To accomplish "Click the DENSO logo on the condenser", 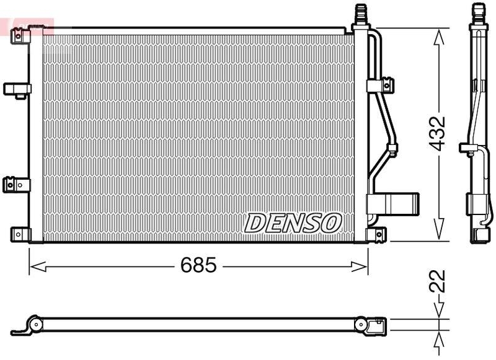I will (x=294, y=222).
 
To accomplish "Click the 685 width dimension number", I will (x=198, y=266).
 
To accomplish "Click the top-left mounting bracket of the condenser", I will (x=22, y=35).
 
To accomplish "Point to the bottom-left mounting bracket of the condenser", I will (x=20, y=234).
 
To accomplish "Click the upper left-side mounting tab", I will (x=16, y=89).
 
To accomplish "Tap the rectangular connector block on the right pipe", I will (x=393, y=203).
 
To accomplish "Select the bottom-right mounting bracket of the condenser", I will (x=376, y=234).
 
